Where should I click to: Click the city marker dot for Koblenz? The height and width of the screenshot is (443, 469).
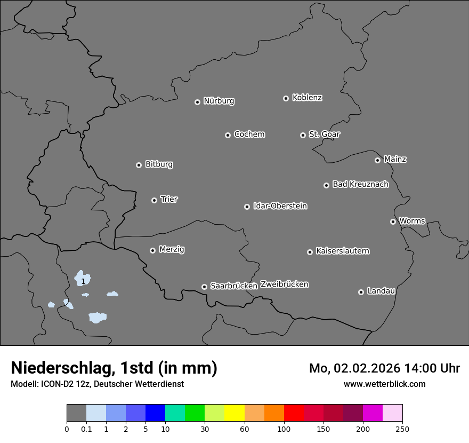click(x=286, y=98)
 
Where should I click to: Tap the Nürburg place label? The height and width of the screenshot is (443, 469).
click(x=219, y=101)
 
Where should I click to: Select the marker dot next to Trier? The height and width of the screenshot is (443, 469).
click(x=154, y=200)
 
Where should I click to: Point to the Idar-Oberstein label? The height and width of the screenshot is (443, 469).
click(x=280, y=206)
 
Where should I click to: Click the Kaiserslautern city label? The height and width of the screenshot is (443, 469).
click(x=343, y=251)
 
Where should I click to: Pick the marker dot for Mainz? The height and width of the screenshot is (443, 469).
click(x=377, y=160)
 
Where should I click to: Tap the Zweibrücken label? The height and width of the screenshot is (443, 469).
click(x=284, y=284)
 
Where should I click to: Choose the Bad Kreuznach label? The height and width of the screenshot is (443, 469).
click(x=360, y=184)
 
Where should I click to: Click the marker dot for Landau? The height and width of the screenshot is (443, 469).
click(x=361, y=292)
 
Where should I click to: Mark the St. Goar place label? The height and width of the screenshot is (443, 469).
click(x=324, y=135)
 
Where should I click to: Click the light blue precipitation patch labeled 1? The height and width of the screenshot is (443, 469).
click(x=83, y=279)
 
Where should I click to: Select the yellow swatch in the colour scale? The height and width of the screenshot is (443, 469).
click(x=234, y=413)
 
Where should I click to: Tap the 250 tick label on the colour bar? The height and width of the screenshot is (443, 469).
click(x=402, y=429)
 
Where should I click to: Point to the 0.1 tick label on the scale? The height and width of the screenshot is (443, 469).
click(x=86, y=429)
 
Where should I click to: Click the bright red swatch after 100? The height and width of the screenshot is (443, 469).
click(x=294, y=413)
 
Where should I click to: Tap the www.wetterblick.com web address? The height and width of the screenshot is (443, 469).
click(x=384, y=384)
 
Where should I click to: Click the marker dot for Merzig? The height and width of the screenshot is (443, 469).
click(x=152, y=250)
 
